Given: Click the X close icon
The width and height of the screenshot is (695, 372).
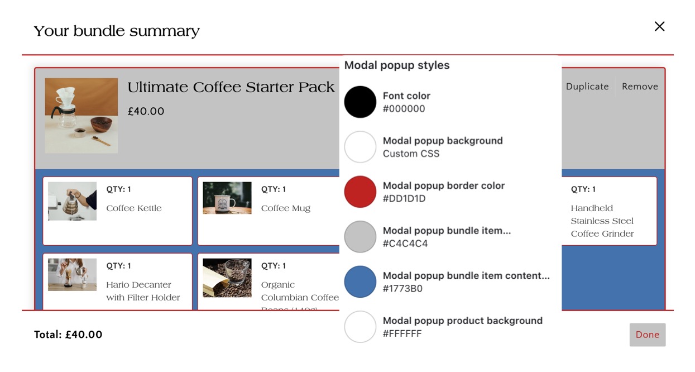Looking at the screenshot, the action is tap(659, 26).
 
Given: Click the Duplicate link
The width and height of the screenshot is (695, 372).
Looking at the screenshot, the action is tap(587, 87).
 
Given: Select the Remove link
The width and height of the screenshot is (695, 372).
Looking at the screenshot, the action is tap(640, 87).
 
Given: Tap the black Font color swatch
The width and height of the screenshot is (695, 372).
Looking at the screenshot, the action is tap(360, 102).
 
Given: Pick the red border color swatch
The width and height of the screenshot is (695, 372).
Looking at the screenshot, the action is tap(360, 192).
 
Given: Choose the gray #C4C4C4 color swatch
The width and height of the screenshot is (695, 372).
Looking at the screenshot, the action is tap(360, 237).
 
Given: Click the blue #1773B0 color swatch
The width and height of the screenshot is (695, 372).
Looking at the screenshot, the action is tap(360, 282).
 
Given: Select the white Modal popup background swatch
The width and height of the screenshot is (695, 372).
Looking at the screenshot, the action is tap(360, 147).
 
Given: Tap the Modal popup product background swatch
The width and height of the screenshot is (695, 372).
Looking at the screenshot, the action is tap(360, 327).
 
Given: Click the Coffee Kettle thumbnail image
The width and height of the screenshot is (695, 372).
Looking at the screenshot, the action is tap(73, 201).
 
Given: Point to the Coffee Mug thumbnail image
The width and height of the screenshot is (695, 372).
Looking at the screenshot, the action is tap(227, 198).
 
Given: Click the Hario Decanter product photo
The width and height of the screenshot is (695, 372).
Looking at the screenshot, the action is tap(73, 274).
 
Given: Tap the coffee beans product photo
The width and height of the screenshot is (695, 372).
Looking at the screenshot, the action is tap(227, 278).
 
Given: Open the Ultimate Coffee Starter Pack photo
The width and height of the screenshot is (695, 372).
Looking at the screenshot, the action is tap(82, 116).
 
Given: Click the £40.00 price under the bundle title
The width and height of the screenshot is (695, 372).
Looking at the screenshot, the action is tap(146, 111).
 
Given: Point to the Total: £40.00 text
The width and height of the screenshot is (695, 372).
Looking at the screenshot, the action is tap(68, 335).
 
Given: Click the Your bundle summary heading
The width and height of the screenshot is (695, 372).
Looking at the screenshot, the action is tap(117, 31).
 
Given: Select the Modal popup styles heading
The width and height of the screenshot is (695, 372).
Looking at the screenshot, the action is tap(397, 65).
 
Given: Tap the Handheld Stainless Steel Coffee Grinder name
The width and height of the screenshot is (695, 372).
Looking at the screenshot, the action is tap(602, 221).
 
